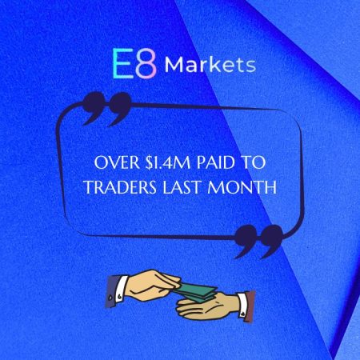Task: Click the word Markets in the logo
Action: coord(210,63)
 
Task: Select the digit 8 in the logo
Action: coord(146,65)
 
